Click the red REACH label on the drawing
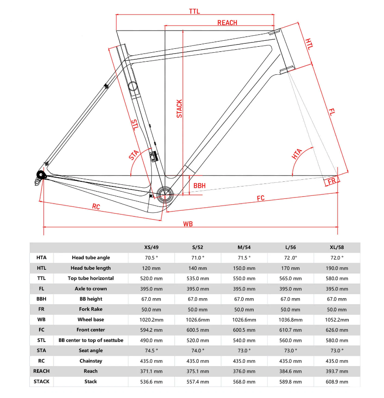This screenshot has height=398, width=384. (227, 23)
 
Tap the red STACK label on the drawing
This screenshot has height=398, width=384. (179, 109)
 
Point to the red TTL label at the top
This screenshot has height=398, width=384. (195, 11)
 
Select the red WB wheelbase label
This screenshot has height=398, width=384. (188, 224)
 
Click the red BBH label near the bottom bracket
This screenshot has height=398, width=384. (199, 186)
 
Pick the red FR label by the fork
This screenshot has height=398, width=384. (332, 181)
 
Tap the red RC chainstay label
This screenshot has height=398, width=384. (96, 207)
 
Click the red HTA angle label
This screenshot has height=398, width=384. (297, 154)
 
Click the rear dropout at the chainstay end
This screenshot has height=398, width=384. (41, 175)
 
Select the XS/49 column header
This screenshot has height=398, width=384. (152, 247)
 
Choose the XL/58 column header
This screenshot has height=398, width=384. (337, 247)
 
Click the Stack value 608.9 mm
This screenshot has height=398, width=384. (337, 381)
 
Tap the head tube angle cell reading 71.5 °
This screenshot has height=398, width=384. (244, 257)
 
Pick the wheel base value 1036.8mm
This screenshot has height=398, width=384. (291, 319)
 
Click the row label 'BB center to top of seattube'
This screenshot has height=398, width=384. (91, 340)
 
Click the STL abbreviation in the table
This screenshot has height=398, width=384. (42, 340)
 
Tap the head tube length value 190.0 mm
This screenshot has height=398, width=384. (337, 268)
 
